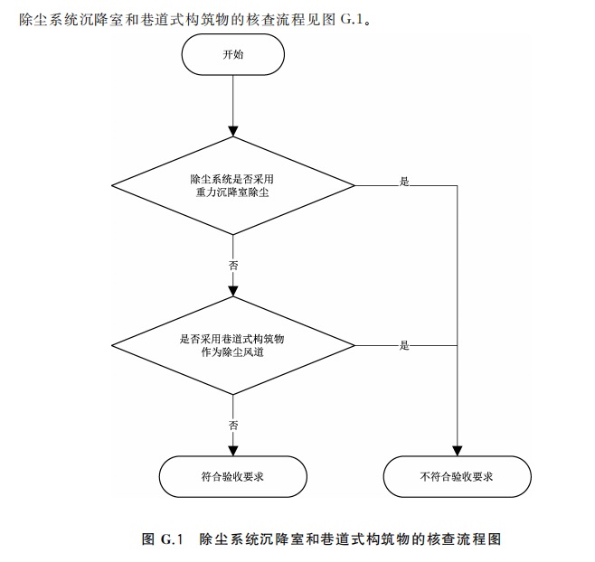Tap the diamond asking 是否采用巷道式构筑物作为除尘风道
click(233, 345)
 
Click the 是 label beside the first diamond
click(404, 182)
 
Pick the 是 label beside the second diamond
click(404, 345)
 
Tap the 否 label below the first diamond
click(233, 266)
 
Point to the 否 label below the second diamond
click(233, 425)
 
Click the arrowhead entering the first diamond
click(233, 132)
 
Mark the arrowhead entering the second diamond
click(233, 291)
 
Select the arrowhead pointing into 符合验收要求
click(233, 450)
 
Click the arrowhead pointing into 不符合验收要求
click(457, 450)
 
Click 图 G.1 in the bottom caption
click(163, 539)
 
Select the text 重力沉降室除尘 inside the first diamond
click(233, 193)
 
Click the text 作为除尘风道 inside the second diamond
click(233, 353)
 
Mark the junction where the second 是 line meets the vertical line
click(457, 345)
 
